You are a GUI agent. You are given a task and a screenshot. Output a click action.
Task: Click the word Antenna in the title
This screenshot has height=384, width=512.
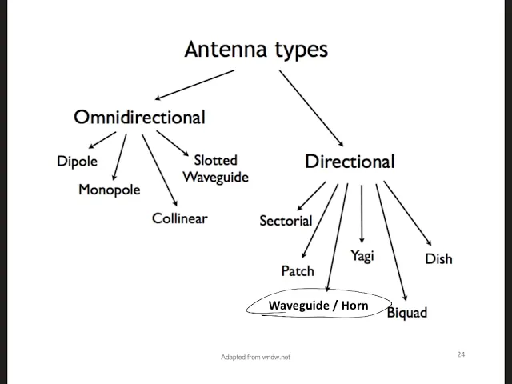[226, 50]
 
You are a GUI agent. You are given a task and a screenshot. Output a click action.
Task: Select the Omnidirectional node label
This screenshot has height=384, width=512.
[140, 117]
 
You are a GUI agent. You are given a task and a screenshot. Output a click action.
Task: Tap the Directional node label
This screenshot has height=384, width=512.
[350, 162]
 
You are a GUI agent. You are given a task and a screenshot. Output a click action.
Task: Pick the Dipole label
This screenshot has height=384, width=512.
[77, 162]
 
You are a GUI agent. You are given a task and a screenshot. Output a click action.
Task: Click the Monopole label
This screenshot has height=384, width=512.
[110, 190]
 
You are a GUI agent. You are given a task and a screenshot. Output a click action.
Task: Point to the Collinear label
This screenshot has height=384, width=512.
[179, 218]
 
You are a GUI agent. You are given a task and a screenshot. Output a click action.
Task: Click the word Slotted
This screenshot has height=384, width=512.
[215, 160]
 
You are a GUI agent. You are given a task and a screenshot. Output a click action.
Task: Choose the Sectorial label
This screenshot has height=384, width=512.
[286, 221]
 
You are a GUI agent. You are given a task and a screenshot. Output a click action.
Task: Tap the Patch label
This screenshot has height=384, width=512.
[298, 271]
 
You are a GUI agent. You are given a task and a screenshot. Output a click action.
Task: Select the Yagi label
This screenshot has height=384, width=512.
[362, 256]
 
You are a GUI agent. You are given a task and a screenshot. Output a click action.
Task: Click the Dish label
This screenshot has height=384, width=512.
[439, 259]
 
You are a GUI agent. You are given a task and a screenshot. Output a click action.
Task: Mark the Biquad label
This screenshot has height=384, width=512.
[407, 313]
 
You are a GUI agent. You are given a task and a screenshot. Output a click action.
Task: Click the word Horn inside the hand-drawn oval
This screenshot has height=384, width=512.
[355, 306]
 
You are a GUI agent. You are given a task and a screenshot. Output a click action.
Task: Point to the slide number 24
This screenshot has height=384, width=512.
[461, 354]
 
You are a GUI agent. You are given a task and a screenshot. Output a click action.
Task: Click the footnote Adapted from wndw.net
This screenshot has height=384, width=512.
[255, 358]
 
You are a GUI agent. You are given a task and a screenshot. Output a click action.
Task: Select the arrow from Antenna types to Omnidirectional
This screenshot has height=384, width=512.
[194, 85]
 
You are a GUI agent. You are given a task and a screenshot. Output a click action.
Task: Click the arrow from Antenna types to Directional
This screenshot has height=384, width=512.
[311, 108]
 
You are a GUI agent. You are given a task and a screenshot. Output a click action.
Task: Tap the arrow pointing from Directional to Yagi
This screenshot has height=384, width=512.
[362, 214]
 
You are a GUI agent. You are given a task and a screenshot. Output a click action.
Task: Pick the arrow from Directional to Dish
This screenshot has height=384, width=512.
[407, 214]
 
